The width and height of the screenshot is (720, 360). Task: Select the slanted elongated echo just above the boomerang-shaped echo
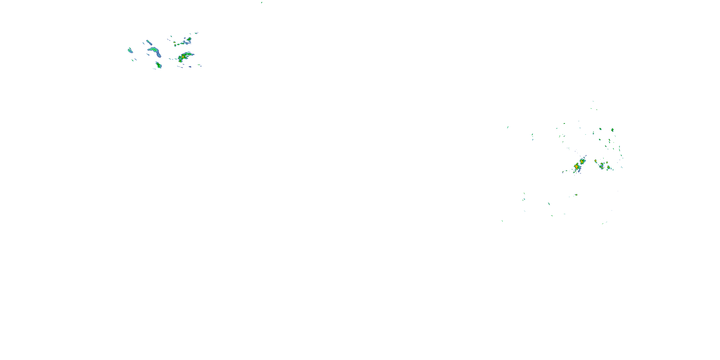[x=149, y=42]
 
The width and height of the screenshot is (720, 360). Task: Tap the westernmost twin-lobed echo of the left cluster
[x=130, y=50]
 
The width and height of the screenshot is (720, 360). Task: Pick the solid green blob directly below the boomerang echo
[x=159, y=66]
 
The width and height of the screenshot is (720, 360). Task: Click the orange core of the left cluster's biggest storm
[x=183, y=57]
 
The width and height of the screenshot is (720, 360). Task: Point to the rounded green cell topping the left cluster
[x=189, y=39]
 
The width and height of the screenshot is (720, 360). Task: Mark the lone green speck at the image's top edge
[x=262, y=2]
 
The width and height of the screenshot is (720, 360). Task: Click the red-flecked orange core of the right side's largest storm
[x=576, y=167]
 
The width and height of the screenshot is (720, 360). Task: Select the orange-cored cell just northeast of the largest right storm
[x=582, y=162]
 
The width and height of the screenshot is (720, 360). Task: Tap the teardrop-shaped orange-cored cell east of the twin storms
[x=596, y=161]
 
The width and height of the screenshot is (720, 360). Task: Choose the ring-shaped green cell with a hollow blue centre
[x=601, y=166]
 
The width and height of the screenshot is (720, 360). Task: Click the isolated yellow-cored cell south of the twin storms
[x=576, y=195]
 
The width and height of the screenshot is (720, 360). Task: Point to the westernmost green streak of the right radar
[x=508, y=127]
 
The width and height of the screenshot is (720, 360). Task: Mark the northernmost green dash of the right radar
[x=593, y=101]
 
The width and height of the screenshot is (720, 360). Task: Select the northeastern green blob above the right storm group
[x=612, y=130]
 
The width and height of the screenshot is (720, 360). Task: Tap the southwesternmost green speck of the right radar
[x=502, y=221]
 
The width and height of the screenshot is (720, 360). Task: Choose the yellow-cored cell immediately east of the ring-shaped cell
[x=608, y=168]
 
